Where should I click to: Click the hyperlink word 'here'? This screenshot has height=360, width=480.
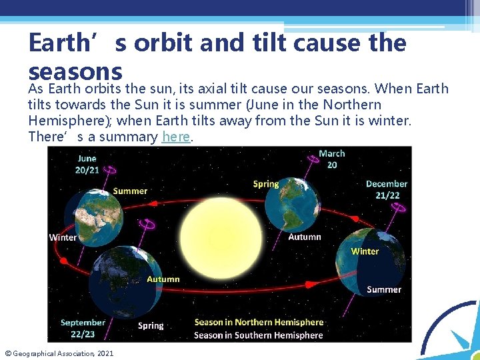coord(176,137)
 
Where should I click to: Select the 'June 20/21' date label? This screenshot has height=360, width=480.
coord(87,164)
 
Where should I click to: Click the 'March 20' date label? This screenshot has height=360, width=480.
coord(331,159)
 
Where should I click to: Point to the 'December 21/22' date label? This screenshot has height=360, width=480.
coord(386,189)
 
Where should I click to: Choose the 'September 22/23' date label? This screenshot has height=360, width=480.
coord(83,327)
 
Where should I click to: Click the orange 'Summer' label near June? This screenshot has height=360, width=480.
coord(130,191)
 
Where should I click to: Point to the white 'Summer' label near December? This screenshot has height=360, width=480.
coord(384,289)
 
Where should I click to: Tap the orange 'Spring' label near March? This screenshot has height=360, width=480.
coord(266,183)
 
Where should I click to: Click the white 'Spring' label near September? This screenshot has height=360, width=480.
coord(151,325)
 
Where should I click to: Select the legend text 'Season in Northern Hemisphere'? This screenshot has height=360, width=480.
coord(259,323)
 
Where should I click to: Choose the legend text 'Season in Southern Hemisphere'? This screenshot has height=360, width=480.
coord(258,335)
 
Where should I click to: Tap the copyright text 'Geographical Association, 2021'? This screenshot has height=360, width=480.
coord(63,353)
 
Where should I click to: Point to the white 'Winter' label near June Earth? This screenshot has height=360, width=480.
coord(63,237)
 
